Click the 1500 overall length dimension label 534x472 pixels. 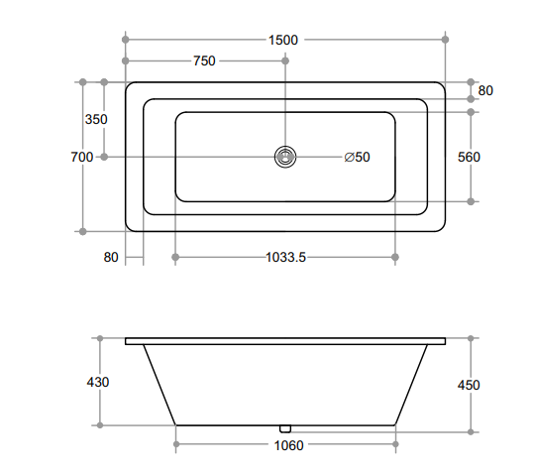click(283, 40)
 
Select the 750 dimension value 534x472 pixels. click(203, 61)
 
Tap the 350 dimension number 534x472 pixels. click(96, 119)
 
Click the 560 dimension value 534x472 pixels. click(469, 157)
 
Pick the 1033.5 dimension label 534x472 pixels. click(285, 258)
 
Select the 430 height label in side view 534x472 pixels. click(98, 382)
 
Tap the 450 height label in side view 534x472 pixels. click(469, 386)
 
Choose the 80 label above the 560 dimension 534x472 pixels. click(485, 90)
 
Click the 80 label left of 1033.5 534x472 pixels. click(111, 258)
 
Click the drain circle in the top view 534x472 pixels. click(285, 157)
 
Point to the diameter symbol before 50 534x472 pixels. click(349, 157)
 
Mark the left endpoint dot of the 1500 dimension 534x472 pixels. click(126, 40)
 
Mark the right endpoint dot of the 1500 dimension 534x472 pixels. click(445, 40)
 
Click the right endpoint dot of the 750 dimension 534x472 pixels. click(285, 61)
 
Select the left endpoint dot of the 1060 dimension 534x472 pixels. click(176, 445)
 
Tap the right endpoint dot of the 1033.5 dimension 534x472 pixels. click(395, 258)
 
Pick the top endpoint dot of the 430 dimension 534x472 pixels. click(100, 337)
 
